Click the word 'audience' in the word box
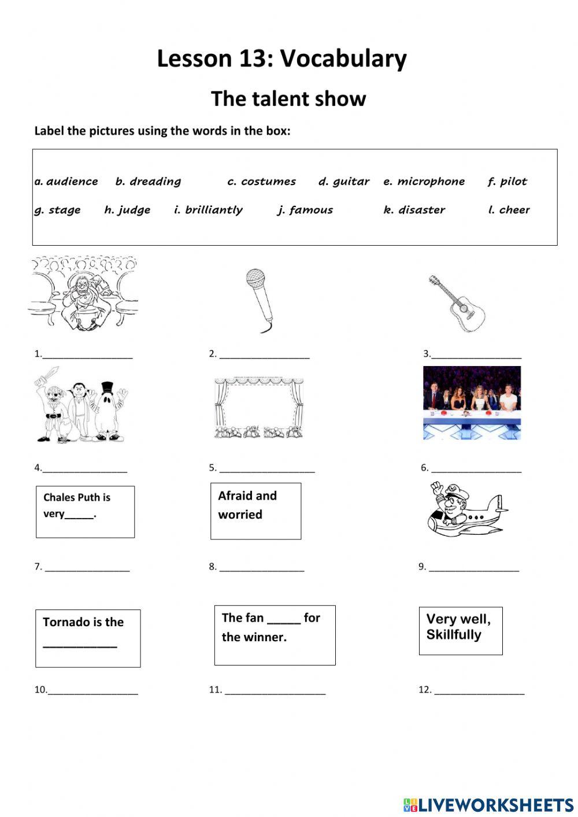pyautogui.click(x=72, y=182)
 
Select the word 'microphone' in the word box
pyautogui.click(x=431, y=182)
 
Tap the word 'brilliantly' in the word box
pyautogui.click(x=214, y=210)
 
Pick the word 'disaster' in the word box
pyautogui.click(x=421, y=210)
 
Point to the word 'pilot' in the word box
pyautogui.click(x=513, y=182)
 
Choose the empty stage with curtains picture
pyautogui.click(x=258, y=408)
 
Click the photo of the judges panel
pyautogui.click(x=472, y=402)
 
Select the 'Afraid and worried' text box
pyautogui.click(x=255, y=511)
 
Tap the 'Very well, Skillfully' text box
pyautogui.click(x=460, y=630)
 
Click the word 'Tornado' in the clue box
pyautogui.click(x=65, y=622)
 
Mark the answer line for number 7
pyautogui.click(x=87, y=568)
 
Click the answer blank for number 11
pyautogui.click(x=275, y=690)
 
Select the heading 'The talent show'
pyautogui.click(x=288, y=99)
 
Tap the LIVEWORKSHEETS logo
pyautogui.click(x=488, y=804)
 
